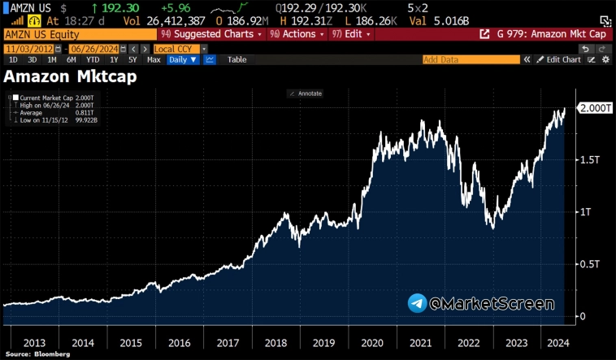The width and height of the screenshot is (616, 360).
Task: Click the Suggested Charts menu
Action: [x=212, y=34]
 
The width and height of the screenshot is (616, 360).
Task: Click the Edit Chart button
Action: [x=562, y=59]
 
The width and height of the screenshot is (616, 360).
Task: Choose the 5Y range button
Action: [x=132, y=59]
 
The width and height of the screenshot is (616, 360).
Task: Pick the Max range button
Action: [x=154, y=59]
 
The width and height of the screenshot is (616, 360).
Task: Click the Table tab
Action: [x=236, y=59]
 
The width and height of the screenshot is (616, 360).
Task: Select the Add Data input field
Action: [x=471, y=59]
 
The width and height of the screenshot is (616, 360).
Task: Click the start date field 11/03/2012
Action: [x=28, y=49]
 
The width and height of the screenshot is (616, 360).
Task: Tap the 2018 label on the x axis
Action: [x=275, y=342]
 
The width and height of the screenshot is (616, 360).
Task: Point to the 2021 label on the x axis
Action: [x=422, y=342]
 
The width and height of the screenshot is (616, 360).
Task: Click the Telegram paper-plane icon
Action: [x=418, y=304]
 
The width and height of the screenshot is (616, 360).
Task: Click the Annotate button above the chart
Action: [x=308, y=93]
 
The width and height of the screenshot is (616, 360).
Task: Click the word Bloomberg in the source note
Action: [x=51, y=354]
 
